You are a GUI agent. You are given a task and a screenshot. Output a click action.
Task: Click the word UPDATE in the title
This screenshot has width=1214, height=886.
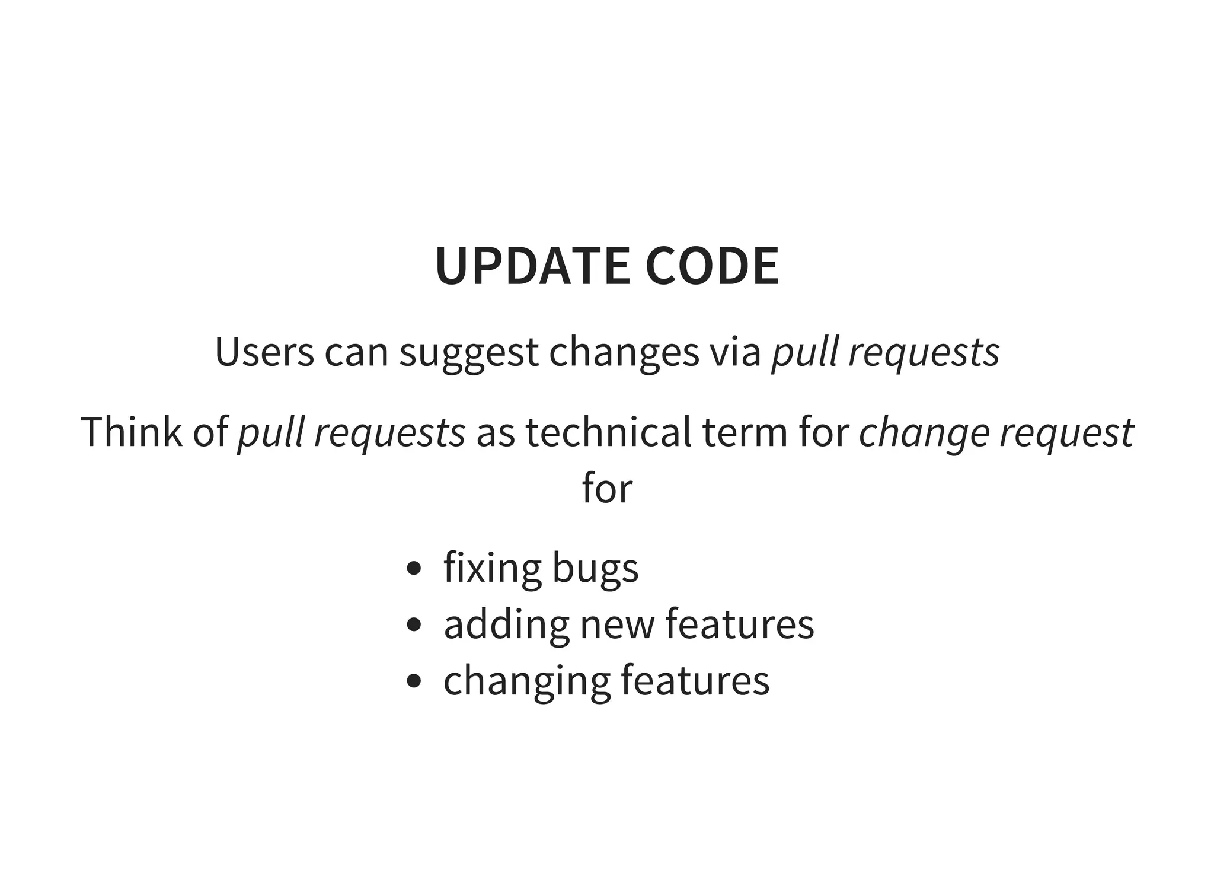tap(532, 266)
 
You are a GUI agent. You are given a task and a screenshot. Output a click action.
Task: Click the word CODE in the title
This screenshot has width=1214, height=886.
tap(712, 266)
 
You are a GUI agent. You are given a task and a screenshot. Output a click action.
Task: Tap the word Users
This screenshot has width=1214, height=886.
tap(264, 352)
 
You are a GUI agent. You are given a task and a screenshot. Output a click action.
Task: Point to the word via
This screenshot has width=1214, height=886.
tap(735, 352)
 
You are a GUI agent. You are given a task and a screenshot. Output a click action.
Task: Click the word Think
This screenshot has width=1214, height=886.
tap(131, 432)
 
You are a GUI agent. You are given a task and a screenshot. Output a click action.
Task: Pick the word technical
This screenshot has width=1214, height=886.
tap(608, 432)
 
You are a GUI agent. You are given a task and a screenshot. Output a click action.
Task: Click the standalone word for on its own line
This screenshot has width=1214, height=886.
tap(607, 488)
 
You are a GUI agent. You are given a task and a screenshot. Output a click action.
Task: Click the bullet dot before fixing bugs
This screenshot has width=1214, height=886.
tap(414, 568)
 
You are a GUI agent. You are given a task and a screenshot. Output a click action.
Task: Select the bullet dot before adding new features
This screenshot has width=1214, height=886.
tap(414, 624)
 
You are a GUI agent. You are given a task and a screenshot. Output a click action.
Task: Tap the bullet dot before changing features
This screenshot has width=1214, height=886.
tap(414, 681)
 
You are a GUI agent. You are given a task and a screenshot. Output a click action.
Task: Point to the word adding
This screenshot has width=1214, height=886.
tap(506, 624)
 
